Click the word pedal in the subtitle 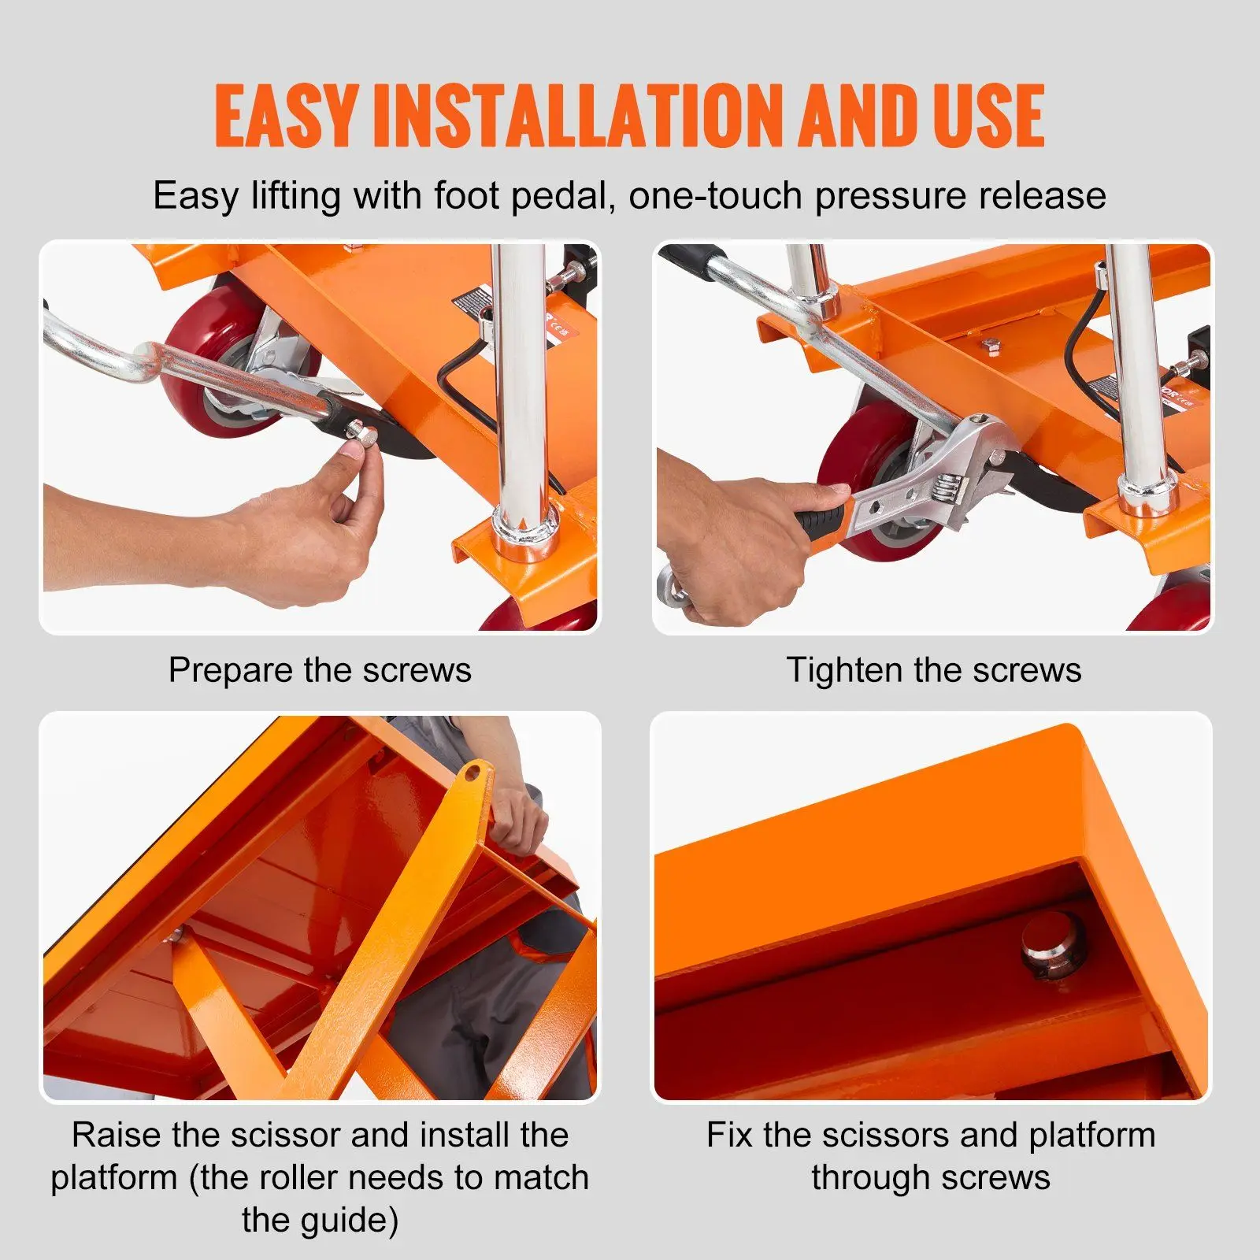pos(561,195)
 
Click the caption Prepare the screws pos(320,670)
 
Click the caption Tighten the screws pos(933,670)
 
